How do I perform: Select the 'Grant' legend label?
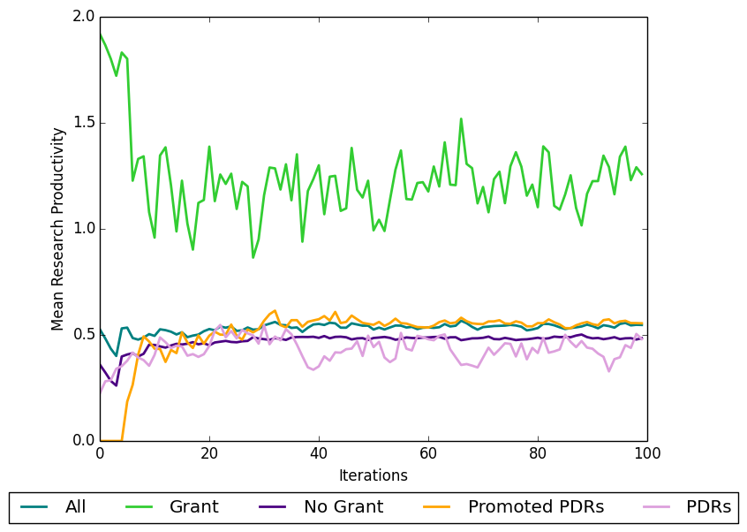point(193,507)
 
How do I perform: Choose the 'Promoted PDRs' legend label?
point(535,507)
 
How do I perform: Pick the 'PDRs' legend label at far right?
point(708,507)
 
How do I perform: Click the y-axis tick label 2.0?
point(84,17)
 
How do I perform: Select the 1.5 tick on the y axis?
point(84,123)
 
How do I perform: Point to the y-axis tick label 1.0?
point(84,229)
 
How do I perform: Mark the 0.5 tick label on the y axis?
point(84,335)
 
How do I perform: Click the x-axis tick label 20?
point(209,452)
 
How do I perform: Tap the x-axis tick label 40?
point(319,452)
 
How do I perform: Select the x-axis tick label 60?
point(428,452)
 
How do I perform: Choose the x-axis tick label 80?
point(538,452)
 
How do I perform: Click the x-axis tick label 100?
point(647,452)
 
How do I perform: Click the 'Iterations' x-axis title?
point(373,475)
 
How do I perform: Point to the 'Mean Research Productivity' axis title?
point(58,229)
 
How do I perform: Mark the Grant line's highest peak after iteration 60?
point(461,118)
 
